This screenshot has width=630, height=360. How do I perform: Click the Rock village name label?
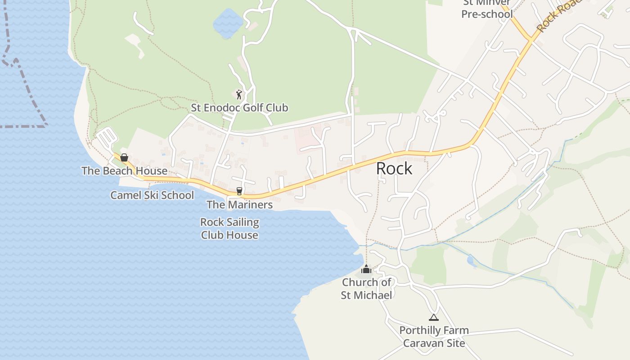tap(394, 168)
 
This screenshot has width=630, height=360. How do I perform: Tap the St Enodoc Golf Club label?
tap(239, 108)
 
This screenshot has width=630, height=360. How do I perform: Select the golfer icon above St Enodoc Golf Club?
tap(239, 94)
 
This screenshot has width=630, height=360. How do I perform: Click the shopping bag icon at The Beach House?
tap(124, 157)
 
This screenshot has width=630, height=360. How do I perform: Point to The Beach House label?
tap(124, 171)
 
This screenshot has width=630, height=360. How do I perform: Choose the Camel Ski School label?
tap(152, 195)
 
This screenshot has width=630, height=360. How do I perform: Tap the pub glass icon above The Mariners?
tap(239, 191)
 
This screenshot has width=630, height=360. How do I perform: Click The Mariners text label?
tap(239, 205)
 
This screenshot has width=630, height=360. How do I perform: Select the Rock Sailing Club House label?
tap(229, 229)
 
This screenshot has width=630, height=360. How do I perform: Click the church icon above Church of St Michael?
tap(366, 269)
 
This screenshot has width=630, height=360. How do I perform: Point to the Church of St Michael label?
tap(366, 288)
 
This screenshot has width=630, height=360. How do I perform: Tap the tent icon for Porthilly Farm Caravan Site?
tap(433, 317)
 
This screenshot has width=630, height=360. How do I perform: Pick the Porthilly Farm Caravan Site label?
tap(434, 337)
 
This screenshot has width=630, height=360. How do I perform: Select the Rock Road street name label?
tap(558, 16)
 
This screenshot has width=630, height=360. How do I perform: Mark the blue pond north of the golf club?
tap(228, 22)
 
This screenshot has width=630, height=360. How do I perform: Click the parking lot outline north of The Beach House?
tap(107, 138)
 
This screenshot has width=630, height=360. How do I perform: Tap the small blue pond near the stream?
tap(471, 260)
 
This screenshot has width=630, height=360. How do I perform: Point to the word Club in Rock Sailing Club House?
tap(217, 235)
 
